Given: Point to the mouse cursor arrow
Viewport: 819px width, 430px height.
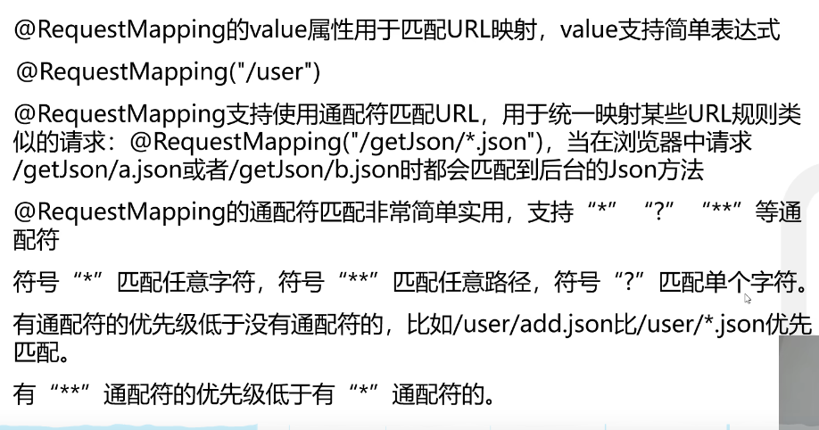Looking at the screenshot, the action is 748,299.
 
